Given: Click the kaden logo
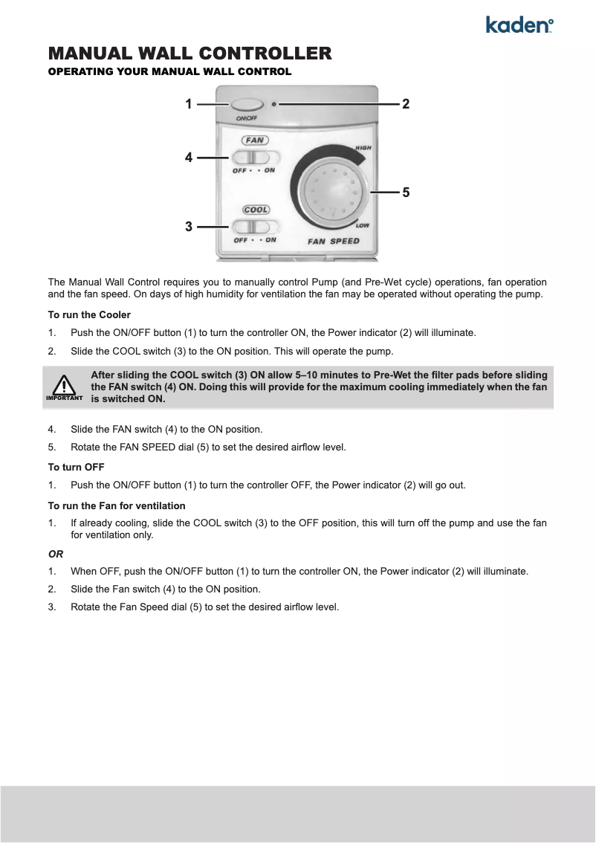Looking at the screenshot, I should (x=519, y=25).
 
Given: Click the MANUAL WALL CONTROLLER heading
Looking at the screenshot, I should (x=190, y=54).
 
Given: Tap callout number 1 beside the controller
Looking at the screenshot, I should (x=189, y=105).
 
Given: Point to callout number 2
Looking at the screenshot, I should (x=406, y=105).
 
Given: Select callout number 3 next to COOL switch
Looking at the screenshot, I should (x=189, y=226).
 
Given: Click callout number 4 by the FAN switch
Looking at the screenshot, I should (x=189, y=158).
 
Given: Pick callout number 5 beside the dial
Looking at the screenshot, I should (x=406, y=193).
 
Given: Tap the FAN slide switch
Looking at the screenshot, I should (x=255, y=158).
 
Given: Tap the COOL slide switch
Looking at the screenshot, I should (x=255, y=227).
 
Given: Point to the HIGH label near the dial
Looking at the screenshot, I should (x=363, y=147).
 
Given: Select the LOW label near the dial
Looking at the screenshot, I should (x=363, y=225).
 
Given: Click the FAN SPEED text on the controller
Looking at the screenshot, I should (x=334, y=241).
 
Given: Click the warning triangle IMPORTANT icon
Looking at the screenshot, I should (x=64, y=386).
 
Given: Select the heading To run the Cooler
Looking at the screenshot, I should (x=89, y=315).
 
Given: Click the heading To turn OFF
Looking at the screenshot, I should (x=76, y=467).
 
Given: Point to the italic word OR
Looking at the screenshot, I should (x=56, y=554).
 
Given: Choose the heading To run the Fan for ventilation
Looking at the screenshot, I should (x=117, y=506).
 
